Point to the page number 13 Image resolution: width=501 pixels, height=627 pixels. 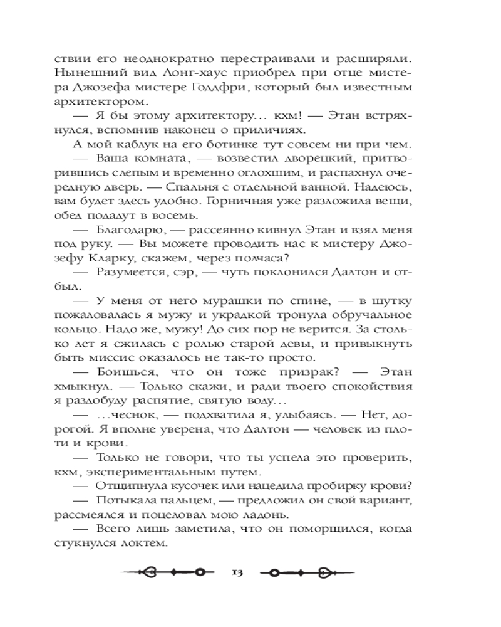pos(237,573)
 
